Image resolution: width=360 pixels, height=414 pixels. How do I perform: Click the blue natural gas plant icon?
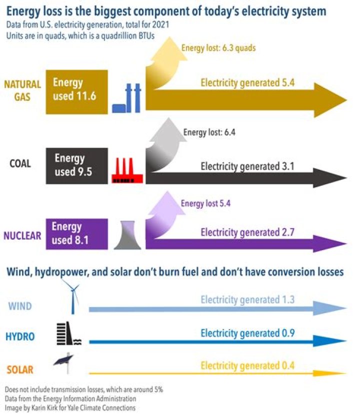pos(127,98)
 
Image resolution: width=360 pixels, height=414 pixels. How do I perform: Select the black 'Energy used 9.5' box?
pos(76,165)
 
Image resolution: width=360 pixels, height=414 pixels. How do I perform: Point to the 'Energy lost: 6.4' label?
pos(209,132)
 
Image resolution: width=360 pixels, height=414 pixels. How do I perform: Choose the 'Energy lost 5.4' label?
pos(205,203)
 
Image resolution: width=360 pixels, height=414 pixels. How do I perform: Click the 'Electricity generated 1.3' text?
pos(247,300)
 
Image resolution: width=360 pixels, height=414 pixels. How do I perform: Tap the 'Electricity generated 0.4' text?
pos(247,366)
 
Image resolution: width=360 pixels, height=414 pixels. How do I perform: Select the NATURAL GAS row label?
pos(23,90)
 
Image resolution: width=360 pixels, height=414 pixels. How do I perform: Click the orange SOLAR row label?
pos(20,370)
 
